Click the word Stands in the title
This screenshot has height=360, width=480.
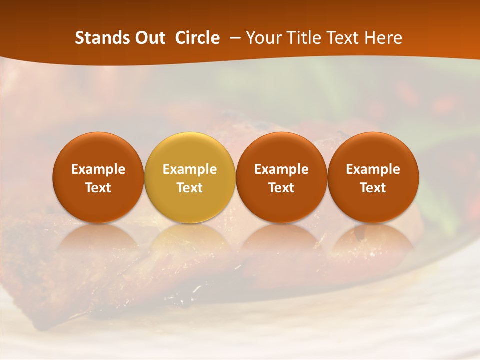click(98, 38)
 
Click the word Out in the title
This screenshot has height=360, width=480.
click(145, 38)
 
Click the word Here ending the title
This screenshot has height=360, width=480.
click(384, 38)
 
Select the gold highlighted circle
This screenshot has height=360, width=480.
click(190, 177)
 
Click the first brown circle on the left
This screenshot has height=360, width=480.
click(98, 177)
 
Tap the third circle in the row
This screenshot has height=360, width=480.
click(281, 177)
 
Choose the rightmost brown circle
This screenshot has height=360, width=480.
click(373, 177)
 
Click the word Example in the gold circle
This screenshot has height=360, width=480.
click(190, 169)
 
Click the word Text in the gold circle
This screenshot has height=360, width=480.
click(190, 188)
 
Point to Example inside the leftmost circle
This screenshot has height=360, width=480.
click(98, 169)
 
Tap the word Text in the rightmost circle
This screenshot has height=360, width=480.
click(373, 188)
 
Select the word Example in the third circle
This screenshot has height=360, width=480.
click(281, 169)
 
